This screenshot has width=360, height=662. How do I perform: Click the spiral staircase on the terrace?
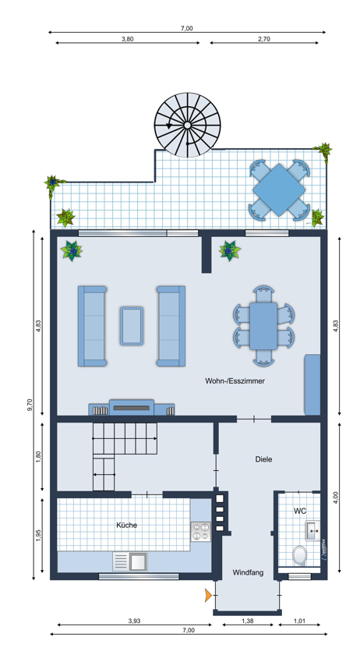(x=187, y=125)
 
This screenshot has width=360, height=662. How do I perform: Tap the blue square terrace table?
(x=279, y=189)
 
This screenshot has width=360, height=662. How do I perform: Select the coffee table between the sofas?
(x=131, y=326)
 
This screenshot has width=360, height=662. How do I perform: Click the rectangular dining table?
(x=263, y=326)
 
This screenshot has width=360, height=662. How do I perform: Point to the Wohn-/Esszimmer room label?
(x=235, y=381)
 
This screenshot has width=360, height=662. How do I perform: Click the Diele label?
(x=264, y=459)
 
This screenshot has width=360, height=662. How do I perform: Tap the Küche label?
(x=126, y=526)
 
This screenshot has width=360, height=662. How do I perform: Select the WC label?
(x=300, y=511)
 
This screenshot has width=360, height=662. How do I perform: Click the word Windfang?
(x=248, y=572)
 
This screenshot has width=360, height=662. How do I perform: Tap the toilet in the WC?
(x=300, y=555)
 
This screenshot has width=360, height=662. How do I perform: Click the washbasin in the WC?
(x=312, y=530)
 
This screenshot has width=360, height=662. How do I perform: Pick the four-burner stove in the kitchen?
(x=201, y=532)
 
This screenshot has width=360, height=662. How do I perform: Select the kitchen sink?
(x=130, y=562)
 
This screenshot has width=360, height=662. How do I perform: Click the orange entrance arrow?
(x=208, y=595)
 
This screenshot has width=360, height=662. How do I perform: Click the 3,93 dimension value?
(x=134, y=621)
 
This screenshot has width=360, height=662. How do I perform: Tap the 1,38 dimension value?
(x=247, y=621)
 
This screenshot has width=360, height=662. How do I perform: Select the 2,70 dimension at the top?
(x=264, y=39)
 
